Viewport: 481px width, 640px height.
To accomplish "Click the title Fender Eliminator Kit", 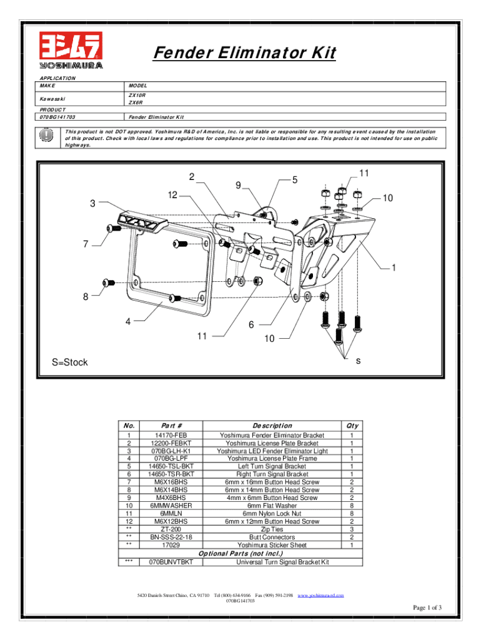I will point(244,54).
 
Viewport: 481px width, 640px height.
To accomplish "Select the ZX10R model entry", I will point(137,94).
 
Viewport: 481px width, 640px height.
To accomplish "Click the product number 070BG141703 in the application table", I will point(57,117).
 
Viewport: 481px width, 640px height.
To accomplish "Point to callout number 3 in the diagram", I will point(92,203).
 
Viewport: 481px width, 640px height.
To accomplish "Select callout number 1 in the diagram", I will point(394,268).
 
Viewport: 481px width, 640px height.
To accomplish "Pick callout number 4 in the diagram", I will point(127,322).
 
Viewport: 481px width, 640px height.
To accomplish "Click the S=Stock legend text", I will point(69,362).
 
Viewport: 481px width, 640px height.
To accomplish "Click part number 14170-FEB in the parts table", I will point(171,435).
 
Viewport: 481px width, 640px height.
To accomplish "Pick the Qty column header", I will point(352,426).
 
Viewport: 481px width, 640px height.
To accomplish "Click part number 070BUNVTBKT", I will point(171,562).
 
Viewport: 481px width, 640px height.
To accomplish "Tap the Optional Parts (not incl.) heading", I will point(241,553).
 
